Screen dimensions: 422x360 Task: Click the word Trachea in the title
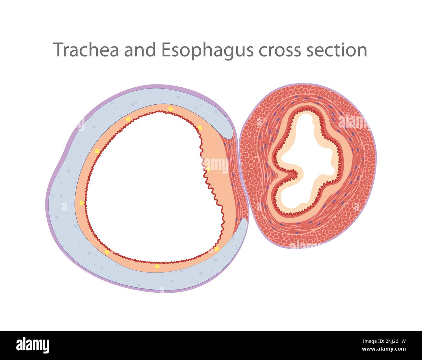point(86,50)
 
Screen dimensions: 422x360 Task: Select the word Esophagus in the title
point(207,51)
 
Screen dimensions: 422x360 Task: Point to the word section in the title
point(336,50)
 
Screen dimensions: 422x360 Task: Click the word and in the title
point(140,50)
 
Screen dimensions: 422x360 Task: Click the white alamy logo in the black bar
point(33,345)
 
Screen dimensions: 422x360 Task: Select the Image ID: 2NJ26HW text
point(384,341)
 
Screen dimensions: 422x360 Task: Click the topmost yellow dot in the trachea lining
point(171,109)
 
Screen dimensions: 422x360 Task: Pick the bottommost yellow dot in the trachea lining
point(157,266)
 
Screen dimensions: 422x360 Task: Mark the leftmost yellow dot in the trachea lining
point(81,203)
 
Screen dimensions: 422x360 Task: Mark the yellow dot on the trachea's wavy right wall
point(208,169)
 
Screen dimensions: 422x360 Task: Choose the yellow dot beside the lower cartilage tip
point(216,249)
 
